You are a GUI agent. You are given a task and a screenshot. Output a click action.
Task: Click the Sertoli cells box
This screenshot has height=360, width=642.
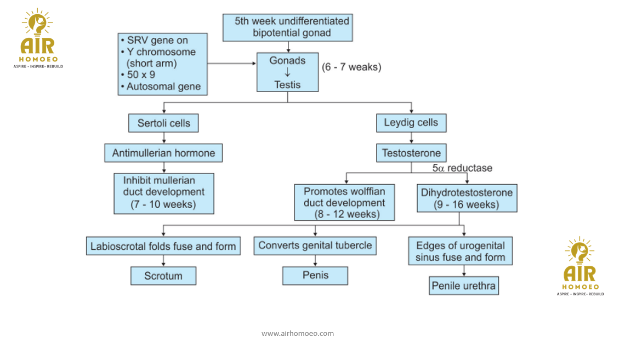(163, 123)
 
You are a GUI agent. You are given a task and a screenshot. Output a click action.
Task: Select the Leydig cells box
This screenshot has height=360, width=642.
(411, 123)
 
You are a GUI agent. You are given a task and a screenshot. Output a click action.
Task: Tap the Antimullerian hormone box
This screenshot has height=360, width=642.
(163, 153)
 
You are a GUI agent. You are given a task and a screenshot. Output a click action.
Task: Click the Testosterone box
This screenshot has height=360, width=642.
(411, 153)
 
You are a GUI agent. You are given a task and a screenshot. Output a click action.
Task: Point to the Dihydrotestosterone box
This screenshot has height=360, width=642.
(467, 198)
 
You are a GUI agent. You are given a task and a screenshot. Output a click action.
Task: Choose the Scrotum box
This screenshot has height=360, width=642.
(163, 276)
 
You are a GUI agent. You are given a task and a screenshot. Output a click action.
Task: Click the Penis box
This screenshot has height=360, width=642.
(315, 276)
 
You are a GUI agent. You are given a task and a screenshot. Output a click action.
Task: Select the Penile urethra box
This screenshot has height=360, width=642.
(464, 285)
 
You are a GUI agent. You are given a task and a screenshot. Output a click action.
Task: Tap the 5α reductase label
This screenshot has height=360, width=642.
(462, 168)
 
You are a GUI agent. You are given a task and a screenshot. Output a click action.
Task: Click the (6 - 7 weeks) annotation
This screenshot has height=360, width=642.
(351, 67)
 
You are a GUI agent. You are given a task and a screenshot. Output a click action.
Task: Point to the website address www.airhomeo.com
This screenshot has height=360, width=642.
(298, 333)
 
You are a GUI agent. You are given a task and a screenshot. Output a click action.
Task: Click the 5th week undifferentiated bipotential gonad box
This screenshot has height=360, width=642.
(288, 27)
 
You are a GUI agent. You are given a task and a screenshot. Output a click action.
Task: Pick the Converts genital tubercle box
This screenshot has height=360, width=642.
(315, 245)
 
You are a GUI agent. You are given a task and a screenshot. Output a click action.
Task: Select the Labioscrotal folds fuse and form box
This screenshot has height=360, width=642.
(163, 246)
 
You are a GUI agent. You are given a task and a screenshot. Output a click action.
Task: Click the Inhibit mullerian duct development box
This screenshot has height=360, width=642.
(163, 193)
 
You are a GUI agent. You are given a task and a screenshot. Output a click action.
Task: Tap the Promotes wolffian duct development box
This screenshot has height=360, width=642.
(344, 202)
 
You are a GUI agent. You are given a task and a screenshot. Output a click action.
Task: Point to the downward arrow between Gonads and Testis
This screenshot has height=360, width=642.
(287, 73)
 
